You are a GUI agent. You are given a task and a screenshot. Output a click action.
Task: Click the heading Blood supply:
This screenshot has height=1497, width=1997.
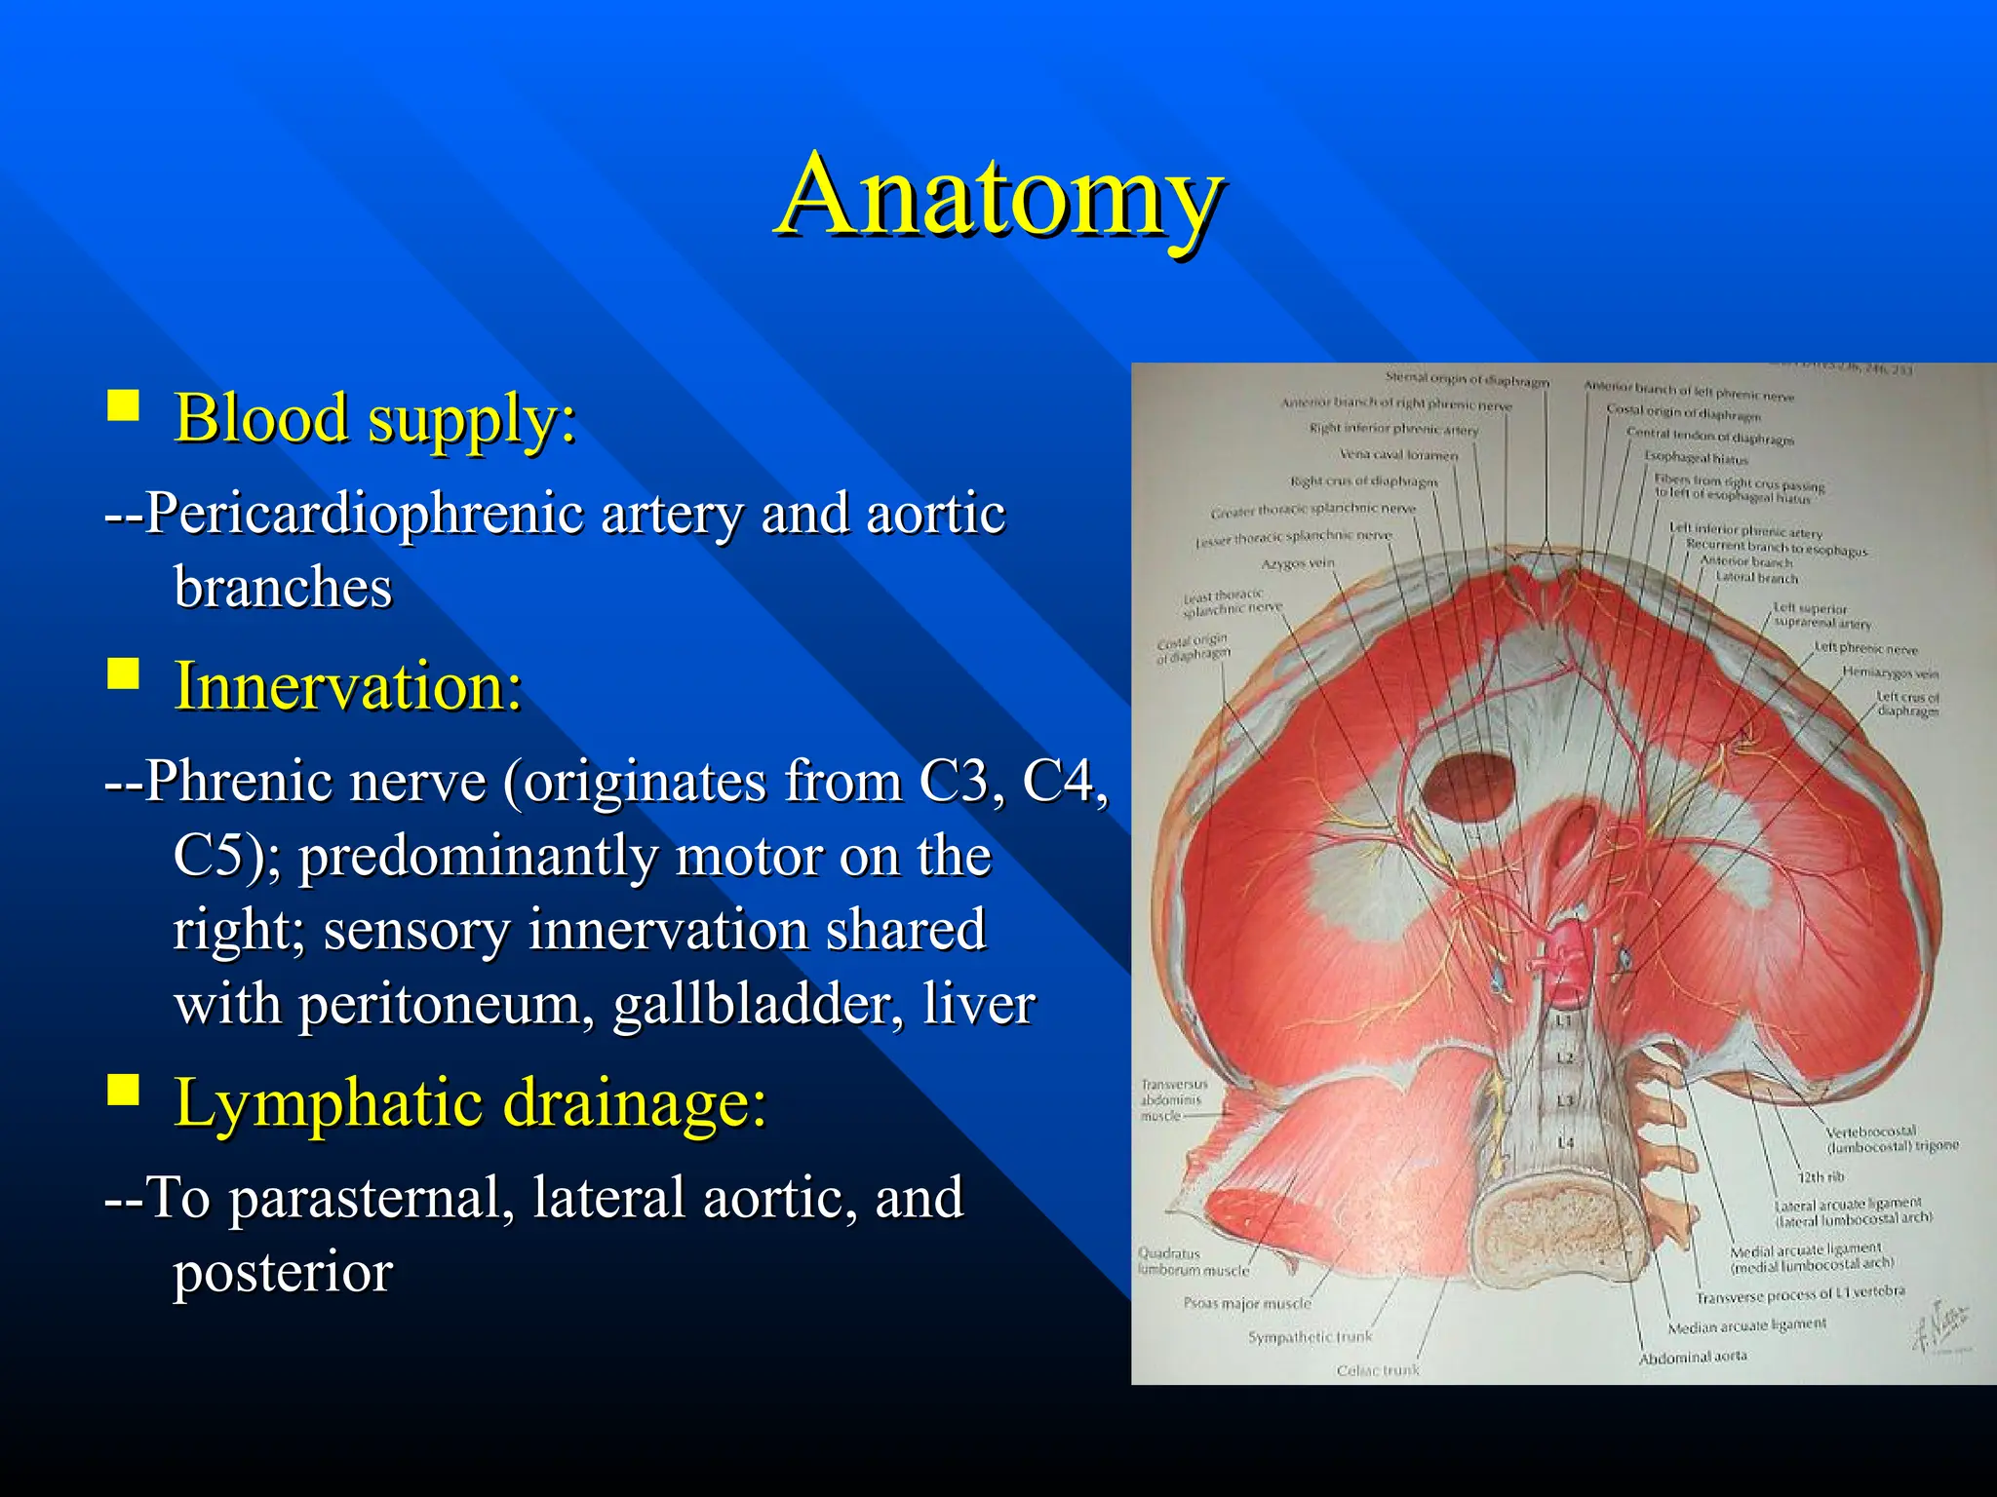click(375, 419)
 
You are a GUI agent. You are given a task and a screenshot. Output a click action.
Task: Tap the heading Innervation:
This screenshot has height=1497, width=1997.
click(348, 686)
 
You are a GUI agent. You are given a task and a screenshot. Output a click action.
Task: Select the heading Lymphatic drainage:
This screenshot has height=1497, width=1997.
click(470, 1103)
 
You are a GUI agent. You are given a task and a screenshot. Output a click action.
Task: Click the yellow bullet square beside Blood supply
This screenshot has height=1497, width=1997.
click(123, 404)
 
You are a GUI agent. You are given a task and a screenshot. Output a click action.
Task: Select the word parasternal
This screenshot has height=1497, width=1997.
click(372, 1198)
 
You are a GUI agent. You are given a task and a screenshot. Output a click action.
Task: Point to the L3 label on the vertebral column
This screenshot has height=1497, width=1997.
click(1564, 1100)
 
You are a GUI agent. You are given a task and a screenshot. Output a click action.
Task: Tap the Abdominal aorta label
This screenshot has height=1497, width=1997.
click(1692, 1358)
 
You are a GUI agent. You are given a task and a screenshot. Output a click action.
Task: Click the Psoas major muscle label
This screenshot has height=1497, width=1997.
click(1247, 1303)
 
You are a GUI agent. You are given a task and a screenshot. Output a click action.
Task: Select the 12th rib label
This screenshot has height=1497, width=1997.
click(1821, 1177)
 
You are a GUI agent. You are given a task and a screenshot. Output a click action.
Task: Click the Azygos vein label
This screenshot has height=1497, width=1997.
click(1298, 564)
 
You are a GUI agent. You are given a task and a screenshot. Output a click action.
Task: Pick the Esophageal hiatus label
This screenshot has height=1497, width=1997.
click(1696, 457)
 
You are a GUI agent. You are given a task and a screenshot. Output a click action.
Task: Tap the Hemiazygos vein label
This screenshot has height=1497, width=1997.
click(1890, 672)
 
